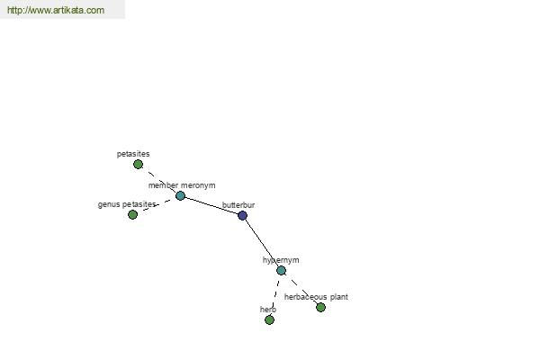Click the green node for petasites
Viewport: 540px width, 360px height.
pyautogui.click(x=138, y=165)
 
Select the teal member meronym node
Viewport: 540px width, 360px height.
pyautogui.click(x=181, y=195)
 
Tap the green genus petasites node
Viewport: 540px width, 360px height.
pyautogui.click(x=132, y=214)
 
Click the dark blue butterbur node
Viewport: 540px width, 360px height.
pyautogui.click(x=242, y=216)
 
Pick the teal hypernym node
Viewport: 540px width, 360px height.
pyautogui.click(x=282, y=270)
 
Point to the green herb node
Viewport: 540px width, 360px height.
pyautogui.click(x=270, y=320)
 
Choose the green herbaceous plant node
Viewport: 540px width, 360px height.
pyautogui.click(x=320, y=307)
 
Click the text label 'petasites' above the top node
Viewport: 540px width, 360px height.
pyautogui.click(x=133, y=154)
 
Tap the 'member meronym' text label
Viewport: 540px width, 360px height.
pyautogui.click(x=182, y=185)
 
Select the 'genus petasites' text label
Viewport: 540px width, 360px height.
pyautogui.click(x=127, y=204)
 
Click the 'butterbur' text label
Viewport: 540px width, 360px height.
pyautogui.click(x=238, y=205)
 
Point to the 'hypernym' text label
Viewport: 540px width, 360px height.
pyautogui.click(x=281, y=260)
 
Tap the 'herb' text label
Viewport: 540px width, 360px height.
pyautogui.click(x=268, y=310)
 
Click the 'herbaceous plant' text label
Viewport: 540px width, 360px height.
pyautogui.click(x=316, y=297)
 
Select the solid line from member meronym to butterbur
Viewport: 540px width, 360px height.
pyautogui.click(x=211, y=206)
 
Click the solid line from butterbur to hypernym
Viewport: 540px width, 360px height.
pyautogui.click(x=262, y=243)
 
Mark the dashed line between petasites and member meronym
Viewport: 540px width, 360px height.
pyautogui.click(x=159, y=180)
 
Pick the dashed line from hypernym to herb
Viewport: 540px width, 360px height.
pyautogui.click(x=275, y=293)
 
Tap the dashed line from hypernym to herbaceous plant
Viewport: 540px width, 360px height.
pyautogui.click(x=301, y=289)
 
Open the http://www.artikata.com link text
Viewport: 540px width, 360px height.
pyautogui.click(x=56, y=10)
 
